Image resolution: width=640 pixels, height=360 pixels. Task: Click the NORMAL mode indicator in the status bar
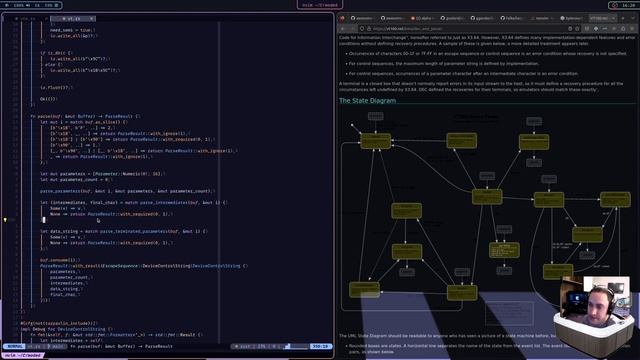tap(15, 346)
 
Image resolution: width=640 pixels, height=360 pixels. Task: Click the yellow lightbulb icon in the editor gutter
tap(4, 219)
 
